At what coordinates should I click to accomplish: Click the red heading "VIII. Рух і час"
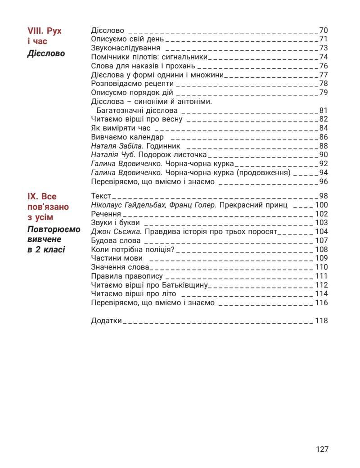(44, 36)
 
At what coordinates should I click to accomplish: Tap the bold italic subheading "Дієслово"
(46, 54)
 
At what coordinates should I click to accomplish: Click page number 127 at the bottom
(322, 449)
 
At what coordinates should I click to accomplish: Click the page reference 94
(324, 173)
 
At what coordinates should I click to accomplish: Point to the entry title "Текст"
(101, 196)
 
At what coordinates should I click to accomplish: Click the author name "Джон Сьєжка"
(116, 232)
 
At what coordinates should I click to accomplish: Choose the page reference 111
(321, 276)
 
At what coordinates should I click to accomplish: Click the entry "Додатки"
(106, 321)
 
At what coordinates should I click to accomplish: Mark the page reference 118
(321, 321)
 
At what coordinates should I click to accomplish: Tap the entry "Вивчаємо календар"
(127, 137)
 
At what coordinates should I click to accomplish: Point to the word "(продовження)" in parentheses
(265, 173)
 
